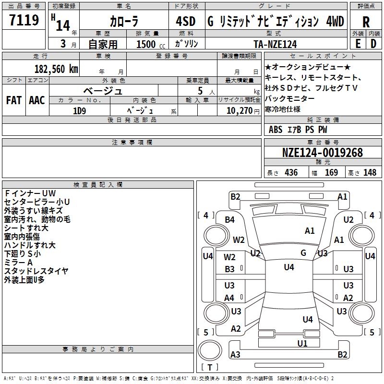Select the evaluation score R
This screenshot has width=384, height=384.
pos(366,23)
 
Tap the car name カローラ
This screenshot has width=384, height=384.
pos(123,22)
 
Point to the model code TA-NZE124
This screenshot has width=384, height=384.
pos(275,44)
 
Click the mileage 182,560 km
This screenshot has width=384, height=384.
pos(56,69)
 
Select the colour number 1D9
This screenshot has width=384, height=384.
pos(80,110)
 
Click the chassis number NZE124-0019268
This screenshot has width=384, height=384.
pos(323,153)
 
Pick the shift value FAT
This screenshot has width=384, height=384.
pos(13,100)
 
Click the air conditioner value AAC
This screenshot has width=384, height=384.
pos(37,100)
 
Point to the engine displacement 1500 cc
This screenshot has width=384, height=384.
pos(146,44)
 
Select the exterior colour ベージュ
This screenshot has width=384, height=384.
pos(103,90)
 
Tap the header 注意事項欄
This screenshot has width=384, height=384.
pos(132,143)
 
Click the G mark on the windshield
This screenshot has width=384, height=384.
pos(303,253)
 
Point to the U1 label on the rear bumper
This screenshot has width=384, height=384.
pos(302,343)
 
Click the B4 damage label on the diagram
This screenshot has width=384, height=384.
pos(230,220)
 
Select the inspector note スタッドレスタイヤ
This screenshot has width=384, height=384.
pos(36,271)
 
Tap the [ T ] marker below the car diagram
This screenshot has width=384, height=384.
pos(209,367)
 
